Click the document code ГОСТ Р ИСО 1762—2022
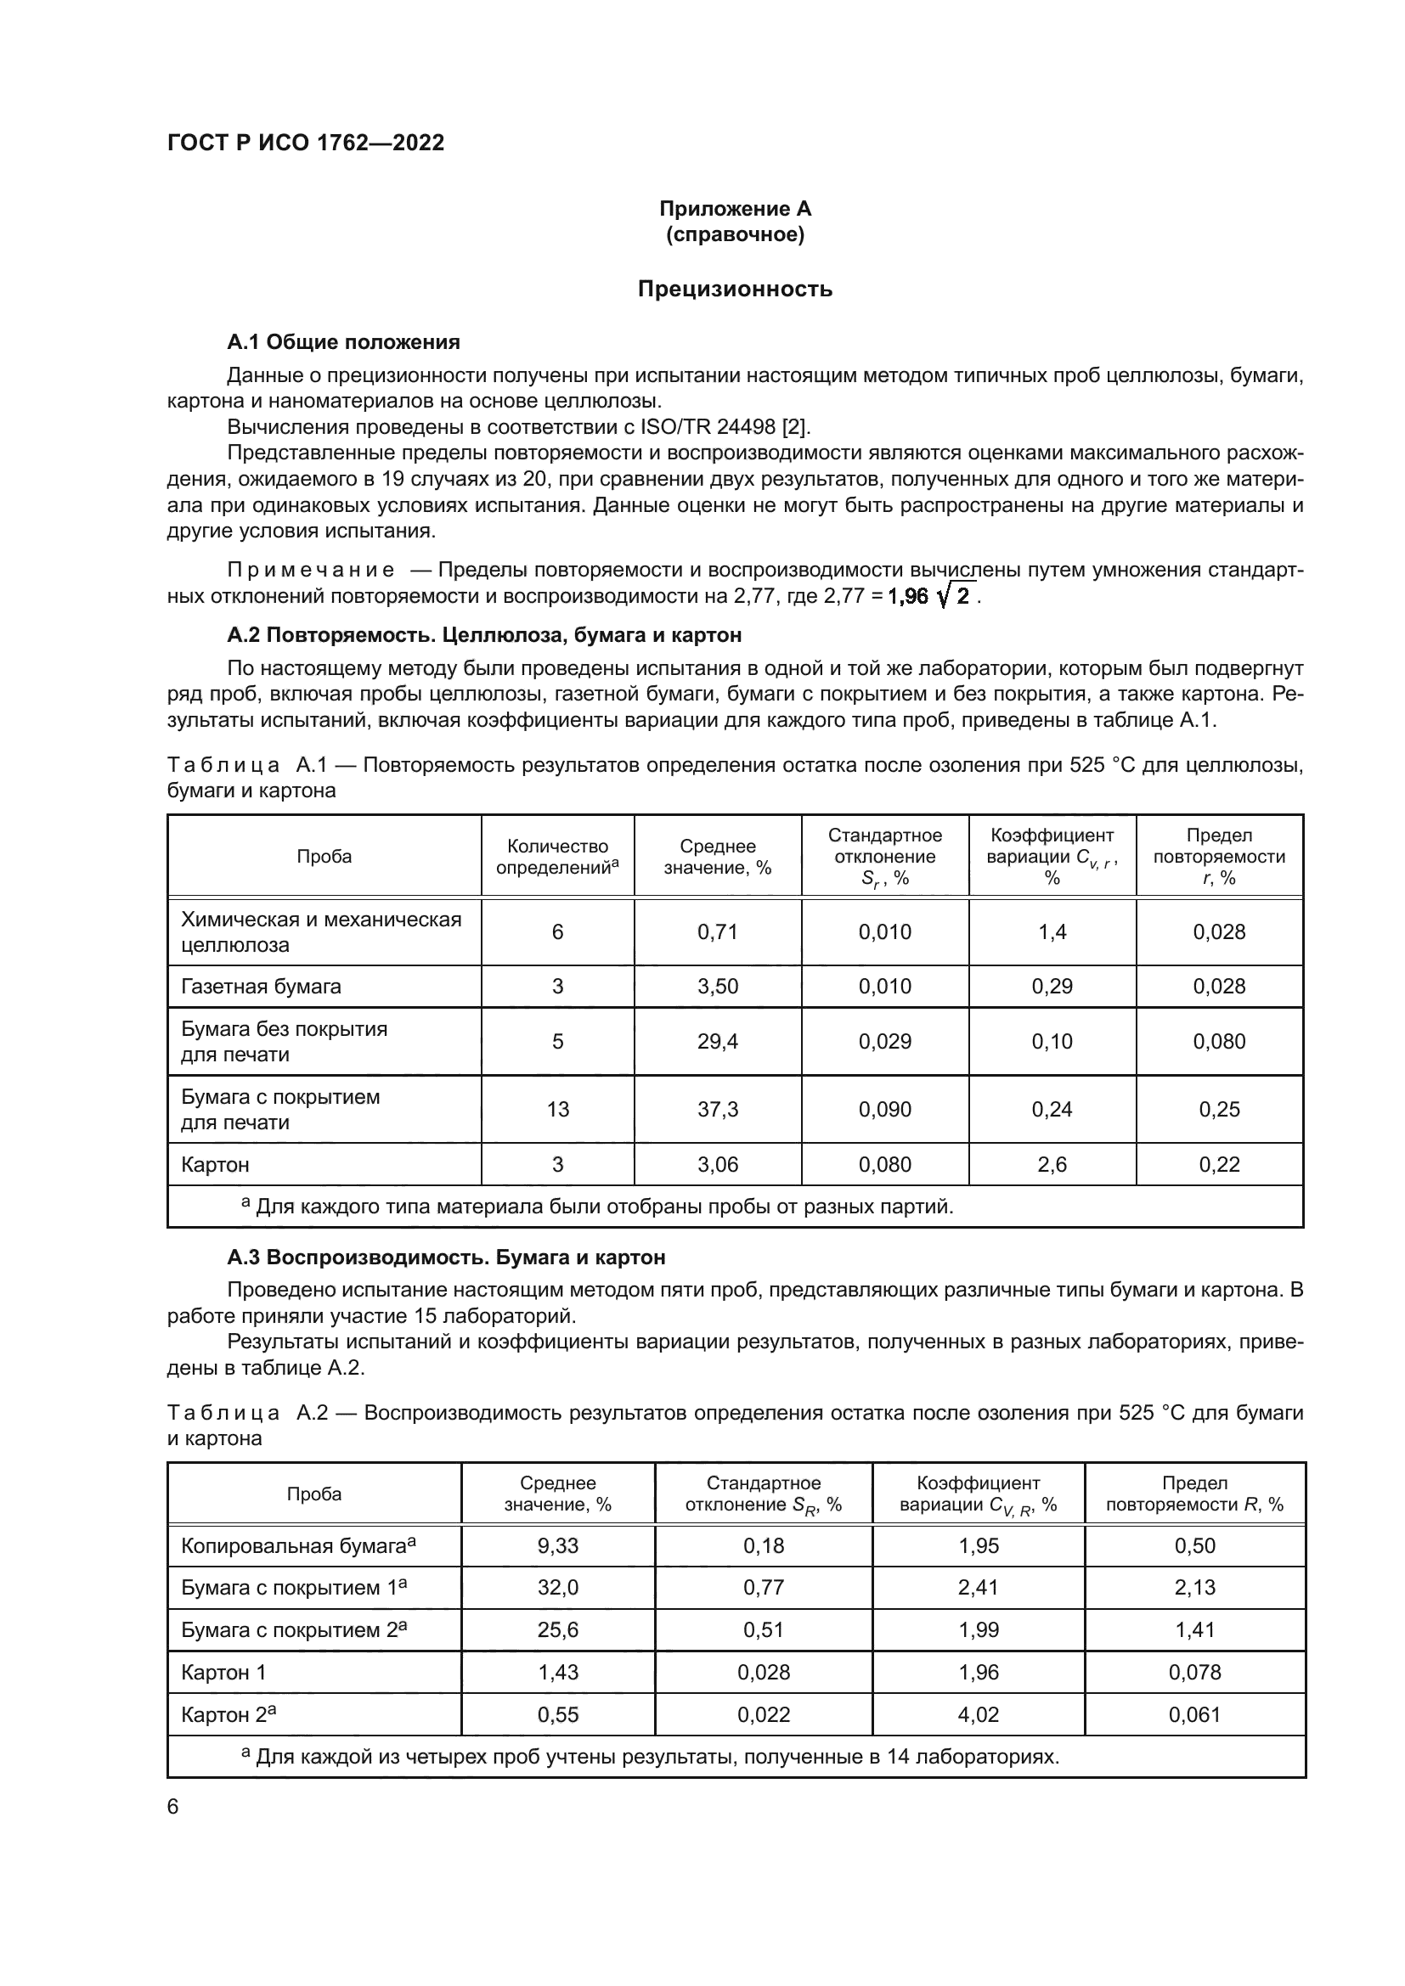click(306, 143)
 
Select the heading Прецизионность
click(735, 289)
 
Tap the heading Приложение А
click(735, 209)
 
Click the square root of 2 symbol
click(956, 595)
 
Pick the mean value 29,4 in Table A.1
click(717, 1042)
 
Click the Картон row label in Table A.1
click(216, 1164)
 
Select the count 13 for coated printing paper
click(557, 1109)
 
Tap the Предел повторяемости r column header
click(1219, 857)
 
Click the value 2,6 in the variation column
click(1051, 1164)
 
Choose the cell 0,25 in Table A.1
click(1219, 1109)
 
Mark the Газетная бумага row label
click(261, 986)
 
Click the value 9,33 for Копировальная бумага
click(557, 1545)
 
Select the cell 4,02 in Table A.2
click(979, 1714)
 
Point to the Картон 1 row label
click(223, 1672)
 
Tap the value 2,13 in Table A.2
click(1195, 1587)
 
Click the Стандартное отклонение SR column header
click(763, 1494)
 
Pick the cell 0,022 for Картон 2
click(763, 1714)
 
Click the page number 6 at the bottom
click(173, 1806)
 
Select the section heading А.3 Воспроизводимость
click(446, 1257)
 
